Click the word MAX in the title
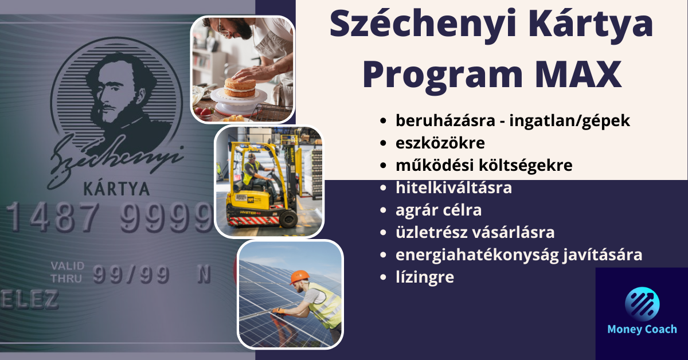(x=578, y=75)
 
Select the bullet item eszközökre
(x=440, y=143)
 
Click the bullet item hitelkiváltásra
(x=454, y=187)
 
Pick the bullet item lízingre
(x=425, y=277)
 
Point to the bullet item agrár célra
(x=439, y=210)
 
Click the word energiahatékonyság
(x=477, y=255)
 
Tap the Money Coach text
(x=642, y=329)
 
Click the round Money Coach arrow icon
(x=642, y=304)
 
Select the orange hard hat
(x=299, y=277)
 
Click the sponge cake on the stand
(x=240, y=87)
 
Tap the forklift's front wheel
(x=288, y=218)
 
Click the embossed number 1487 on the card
(x=53, y=217)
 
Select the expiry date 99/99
(x=131, y=274)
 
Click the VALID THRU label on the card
(x=67, y=272)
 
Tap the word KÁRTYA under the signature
(x=116, y=189)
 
